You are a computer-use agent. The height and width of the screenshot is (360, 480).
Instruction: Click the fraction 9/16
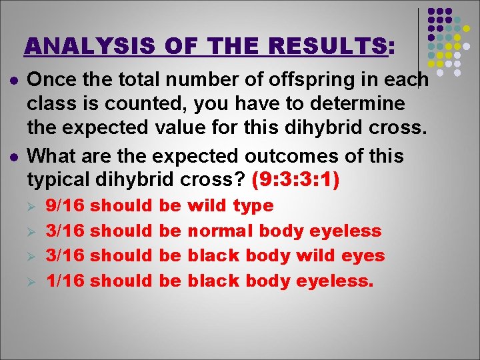click(x=65, y=205)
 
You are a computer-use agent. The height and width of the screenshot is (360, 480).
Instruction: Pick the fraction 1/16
click(x=65, y=281)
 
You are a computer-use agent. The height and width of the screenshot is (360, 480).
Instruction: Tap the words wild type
click(x=231, y=205)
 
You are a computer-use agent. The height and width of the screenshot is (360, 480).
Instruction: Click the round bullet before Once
click(x=13, y=80)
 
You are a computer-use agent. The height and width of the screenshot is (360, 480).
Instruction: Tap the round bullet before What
click(x=13, y=156)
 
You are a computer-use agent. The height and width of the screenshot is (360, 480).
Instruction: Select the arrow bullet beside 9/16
click(x=33, y=206)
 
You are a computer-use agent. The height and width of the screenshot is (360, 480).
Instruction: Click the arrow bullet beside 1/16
click(x=33, y=281)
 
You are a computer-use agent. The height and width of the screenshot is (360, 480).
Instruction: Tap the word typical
click(x=61, y=179)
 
